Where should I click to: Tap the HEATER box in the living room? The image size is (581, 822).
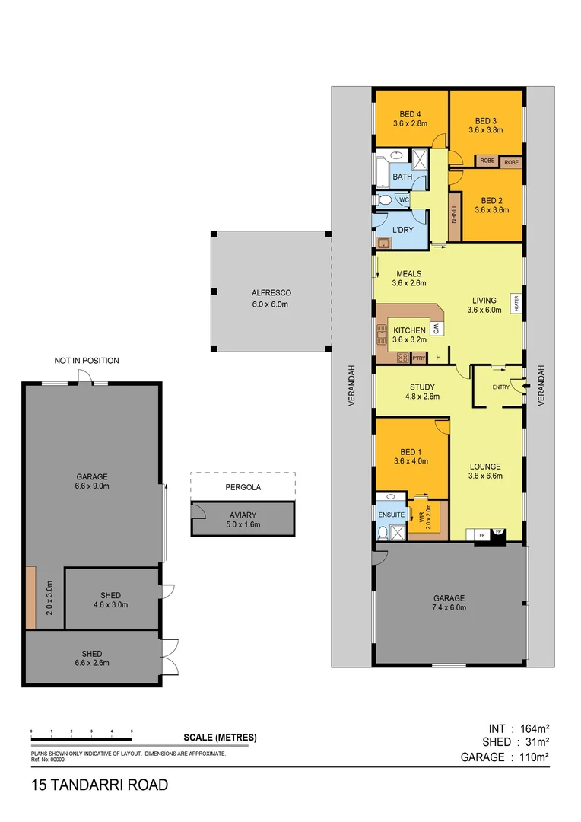(516, 304)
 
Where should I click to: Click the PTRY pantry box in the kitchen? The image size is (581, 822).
(418, 358)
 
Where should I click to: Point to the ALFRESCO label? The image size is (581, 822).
(271, 293)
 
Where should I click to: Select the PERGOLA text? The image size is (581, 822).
(242, 483)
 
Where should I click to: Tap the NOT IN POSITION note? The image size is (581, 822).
(86, 361)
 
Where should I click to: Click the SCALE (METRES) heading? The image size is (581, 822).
(220, 738)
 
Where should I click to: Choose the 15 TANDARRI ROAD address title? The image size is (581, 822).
(100, 785)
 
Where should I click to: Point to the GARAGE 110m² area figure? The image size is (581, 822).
(504, 757)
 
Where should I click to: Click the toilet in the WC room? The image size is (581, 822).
(385, 201)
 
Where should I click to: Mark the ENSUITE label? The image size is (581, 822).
(391, 515)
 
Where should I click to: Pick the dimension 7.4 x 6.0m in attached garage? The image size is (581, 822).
(449, 607)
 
